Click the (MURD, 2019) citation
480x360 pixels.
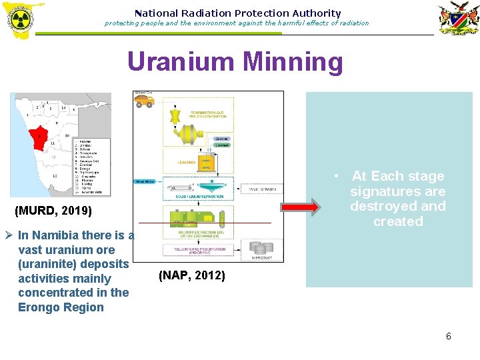click(x=53, y=212)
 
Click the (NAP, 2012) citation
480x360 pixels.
click(x=191, y=275)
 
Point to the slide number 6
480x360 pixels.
click(x=448, y=336)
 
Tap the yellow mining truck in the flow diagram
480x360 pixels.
click(x=145, y=100)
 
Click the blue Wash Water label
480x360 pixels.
click(x=145, y=181)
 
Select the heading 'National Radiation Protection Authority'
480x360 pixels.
click(x=237, y=13)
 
